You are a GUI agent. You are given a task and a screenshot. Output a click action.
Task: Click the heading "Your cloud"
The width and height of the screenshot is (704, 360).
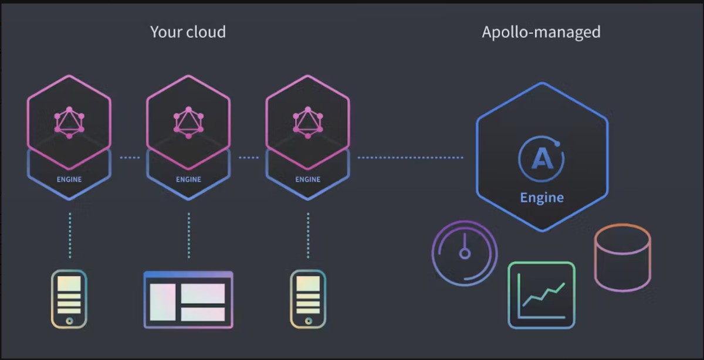tap(188, 32)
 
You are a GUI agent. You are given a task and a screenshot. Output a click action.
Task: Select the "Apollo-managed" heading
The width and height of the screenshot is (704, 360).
tap(541, 33)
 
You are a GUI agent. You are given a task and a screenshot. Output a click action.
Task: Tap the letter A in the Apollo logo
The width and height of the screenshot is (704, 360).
tap(542, 159)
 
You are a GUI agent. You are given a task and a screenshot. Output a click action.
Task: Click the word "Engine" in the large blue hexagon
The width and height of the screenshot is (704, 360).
tap(542, 198)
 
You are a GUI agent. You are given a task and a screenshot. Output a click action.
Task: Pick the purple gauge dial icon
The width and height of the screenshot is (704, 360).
tap(465, 253)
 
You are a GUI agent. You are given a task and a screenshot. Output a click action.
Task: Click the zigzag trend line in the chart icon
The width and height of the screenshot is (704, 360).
tap(544, 294)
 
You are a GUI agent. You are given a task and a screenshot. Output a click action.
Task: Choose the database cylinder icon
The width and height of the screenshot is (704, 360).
tap(622, 257)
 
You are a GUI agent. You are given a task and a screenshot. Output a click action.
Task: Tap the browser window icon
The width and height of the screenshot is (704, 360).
tap(188, 300)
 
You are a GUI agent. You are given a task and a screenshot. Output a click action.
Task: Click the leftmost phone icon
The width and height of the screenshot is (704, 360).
tap(69, 299)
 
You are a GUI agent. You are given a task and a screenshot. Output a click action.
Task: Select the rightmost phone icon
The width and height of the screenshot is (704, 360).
tap(308, 299)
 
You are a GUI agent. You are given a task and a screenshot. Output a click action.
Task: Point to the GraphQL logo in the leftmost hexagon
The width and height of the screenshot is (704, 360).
tap(69, 123)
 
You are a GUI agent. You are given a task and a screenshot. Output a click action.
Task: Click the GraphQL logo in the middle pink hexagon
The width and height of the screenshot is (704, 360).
tap(188, 123)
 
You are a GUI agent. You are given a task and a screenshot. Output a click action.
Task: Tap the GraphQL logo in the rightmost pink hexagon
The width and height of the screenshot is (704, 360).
tap(308, 123)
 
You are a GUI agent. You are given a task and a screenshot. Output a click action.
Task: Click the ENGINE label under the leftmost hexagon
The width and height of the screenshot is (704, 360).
tap(69, 179)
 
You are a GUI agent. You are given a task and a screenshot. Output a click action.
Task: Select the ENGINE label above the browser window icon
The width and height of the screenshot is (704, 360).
tap(188, 179)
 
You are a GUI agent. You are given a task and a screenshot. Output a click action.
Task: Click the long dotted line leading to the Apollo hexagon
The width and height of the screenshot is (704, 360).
tap(411, 157)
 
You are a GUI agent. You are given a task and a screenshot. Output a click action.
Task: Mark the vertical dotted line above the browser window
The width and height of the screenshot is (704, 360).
tap(188, 236)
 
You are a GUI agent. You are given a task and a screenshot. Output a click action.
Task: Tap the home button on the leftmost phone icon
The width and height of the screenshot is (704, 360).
tap(69, 321)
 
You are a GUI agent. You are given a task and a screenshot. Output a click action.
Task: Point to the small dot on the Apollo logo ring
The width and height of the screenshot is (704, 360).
tap(557, 144)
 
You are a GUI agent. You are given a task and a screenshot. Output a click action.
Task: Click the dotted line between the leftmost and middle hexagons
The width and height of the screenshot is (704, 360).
tap(130, 157)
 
